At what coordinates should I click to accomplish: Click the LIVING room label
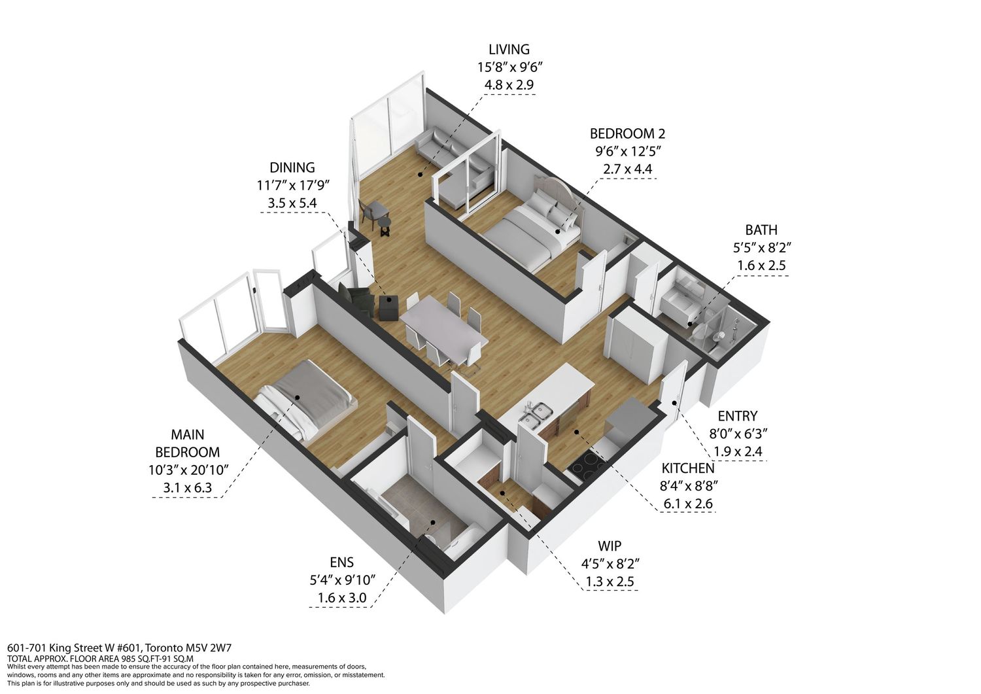[x=509, y=49]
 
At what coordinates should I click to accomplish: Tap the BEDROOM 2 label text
[x=627, y=133]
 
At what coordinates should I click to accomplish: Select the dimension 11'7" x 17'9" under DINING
[x=292, y=185]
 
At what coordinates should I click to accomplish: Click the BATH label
[x=761, y=230]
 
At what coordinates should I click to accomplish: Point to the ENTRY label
[x=738, y=415]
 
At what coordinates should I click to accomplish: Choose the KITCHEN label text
[x=687, y=468]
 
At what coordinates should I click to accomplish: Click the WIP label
[x=610, y=546]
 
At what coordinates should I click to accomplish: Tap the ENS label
[x=341, y=562]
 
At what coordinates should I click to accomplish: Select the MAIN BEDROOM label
[x=188, y=443]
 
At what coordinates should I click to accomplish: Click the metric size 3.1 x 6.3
[x=188, y=488]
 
